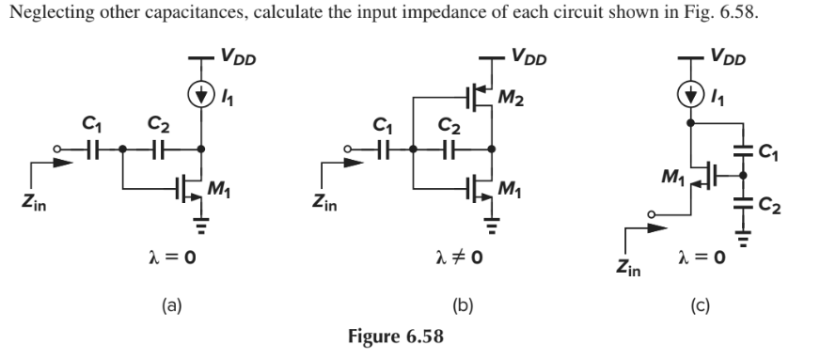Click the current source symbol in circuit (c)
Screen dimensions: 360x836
691,94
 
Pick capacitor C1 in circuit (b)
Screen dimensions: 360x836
381,149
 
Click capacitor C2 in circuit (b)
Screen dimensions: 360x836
449,149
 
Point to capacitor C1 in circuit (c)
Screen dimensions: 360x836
744,150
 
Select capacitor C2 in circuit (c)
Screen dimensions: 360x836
744,201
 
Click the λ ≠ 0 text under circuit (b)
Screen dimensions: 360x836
457,256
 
